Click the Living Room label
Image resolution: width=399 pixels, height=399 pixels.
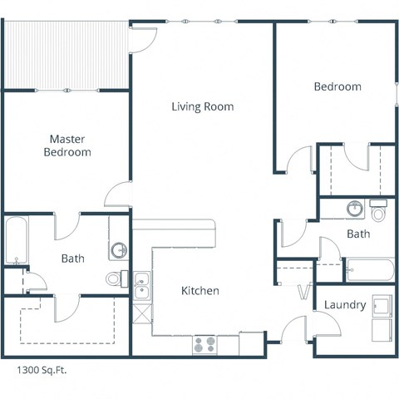coord(202,106)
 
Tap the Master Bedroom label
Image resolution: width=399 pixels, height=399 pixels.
coord(67,145)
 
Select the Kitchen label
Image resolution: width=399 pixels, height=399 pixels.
coord(200,291)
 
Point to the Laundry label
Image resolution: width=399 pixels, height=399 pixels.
coord(345,305)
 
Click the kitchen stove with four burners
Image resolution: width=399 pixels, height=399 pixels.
coord(204,342)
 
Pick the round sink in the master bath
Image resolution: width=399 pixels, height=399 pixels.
coord(119,249)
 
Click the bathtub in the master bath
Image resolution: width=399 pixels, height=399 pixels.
coord(14,241)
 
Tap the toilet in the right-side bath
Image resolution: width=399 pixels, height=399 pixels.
coord(380,213)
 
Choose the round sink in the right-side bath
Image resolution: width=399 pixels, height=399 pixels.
coord(355,208)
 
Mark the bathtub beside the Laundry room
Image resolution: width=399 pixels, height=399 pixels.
coord(369,270)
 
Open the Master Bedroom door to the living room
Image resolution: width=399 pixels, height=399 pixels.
coord(116,195)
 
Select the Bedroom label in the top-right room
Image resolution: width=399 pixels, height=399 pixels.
coord(337,86)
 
